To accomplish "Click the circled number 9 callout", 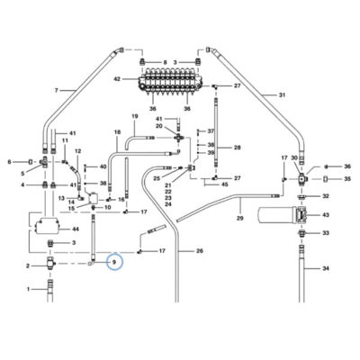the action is [x=115, y=262].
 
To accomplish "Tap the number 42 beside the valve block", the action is [x=117, y=79].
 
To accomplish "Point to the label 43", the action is [x=326, y=215].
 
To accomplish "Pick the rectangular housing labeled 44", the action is [x=46, y=227].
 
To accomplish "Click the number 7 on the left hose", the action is [x=56, y=90].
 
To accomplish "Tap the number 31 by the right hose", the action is [x=282, y=95].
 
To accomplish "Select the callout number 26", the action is [x=200, y=251].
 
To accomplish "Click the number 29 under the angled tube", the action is [x=239, y=218].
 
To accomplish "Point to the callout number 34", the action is [x=326, y=268].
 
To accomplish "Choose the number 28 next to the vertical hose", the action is [x=238, y=148].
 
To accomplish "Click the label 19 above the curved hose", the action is [x=135, y=116].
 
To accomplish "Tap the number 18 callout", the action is [x=117, y=132].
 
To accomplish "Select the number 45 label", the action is [x=224, y=184].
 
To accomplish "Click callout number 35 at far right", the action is [x=347, y=179].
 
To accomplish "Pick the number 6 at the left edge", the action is [x=10, y=162].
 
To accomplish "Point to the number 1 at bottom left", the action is [x=29, y=289].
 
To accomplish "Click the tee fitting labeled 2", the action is [x=50, y=264].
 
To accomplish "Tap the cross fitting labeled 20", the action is [x=179, y=138].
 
